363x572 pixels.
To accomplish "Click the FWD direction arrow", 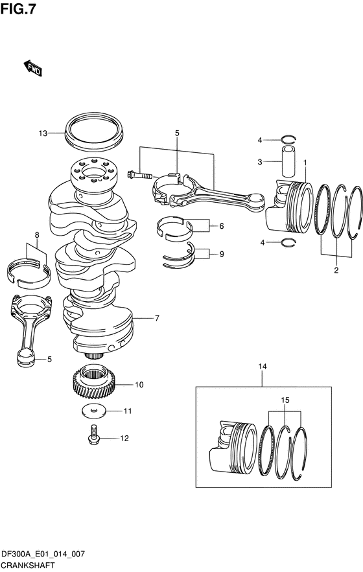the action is [33, 68].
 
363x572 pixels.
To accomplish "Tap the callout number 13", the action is [43, 133].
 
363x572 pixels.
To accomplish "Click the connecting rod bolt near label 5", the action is [139, 175].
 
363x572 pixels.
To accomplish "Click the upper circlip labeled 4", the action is [289, 139].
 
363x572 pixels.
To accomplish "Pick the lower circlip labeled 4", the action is [289, 242].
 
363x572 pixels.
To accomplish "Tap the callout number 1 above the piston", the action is [305, 161].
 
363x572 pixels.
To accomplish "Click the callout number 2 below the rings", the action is [336, 270].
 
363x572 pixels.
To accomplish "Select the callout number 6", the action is [222, 226].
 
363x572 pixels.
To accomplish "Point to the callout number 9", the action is [222, 254].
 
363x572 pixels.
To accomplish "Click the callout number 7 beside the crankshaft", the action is [157, 319].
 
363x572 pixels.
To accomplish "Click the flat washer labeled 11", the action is [94, 411].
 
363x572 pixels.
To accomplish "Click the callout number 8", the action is [37, 235].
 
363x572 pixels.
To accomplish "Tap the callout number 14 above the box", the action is [263, 366].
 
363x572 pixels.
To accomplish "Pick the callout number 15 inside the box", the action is [285, 400].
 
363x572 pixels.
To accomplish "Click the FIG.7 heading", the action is [18, 9].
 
